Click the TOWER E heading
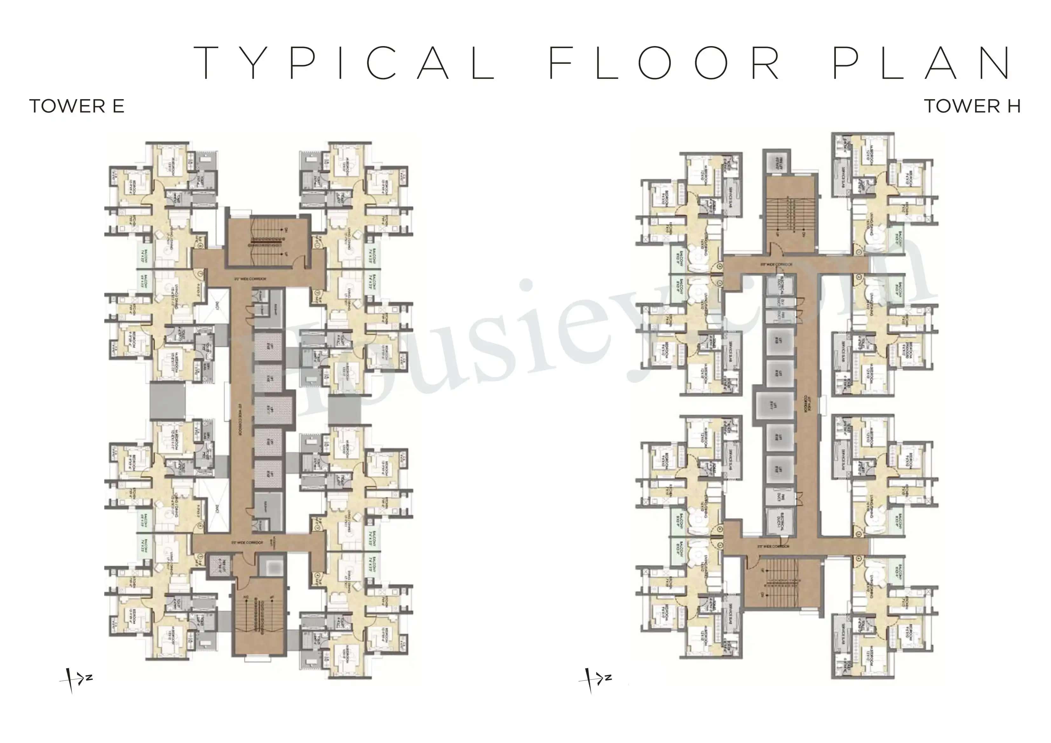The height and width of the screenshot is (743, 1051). pos(77,106)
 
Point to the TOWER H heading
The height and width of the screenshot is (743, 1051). pos(972,106)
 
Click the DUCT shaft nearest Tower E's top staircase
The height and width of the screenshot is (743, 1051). pos(217,304)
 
